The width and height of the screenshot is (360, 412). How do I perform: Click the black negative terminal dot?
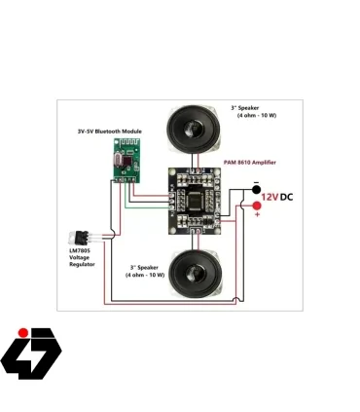pyautogui.click(x=257, y=188)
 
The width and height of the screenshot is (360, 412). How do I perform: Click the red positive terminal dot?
pyautogui.click(x=257, y=206)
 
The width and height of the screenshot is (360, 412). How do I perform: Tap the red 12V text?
pyautogui.click(x=271, y=197)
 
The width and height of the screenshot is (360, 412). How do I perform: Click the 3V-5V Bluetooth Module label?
pyautogui.click(x=109, y=131)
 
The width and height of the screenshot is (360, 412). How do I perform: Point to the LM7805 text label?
pyautogui.click(x=81, y=251)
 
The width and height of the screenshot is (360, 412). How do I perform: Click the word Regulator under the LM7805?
pyautogui.click(x=82, y=264)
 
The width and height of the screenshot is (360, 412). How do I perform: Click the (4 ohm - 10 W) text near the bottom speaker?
pyautogui.click(x=147, y=276)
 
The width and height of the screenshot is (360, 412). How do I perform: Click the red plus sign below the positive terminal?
pyautogui.click(x=257, y=214)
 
